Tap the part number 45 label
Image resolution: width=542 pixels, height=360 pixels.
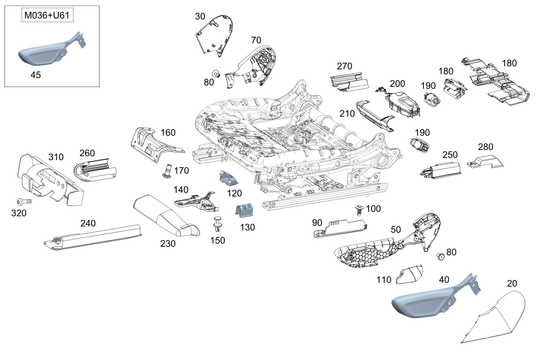point(36,75)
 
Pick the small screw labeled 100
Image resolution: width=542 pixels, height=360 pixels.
point(360,210)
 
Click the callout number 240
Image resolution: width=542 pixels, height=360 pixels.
point(88,223)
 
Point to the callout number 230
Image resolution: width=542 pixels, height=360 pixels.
point(168,244)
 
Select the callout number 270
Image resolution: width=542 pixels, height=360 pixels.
point(345,66)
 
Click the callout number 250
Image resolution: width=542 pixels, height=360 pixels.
point(450,155)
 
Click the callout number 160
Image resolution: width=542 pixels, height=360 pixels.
point(168,132)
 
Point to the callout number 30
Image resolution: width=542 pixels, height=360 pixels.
point(200,16)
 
